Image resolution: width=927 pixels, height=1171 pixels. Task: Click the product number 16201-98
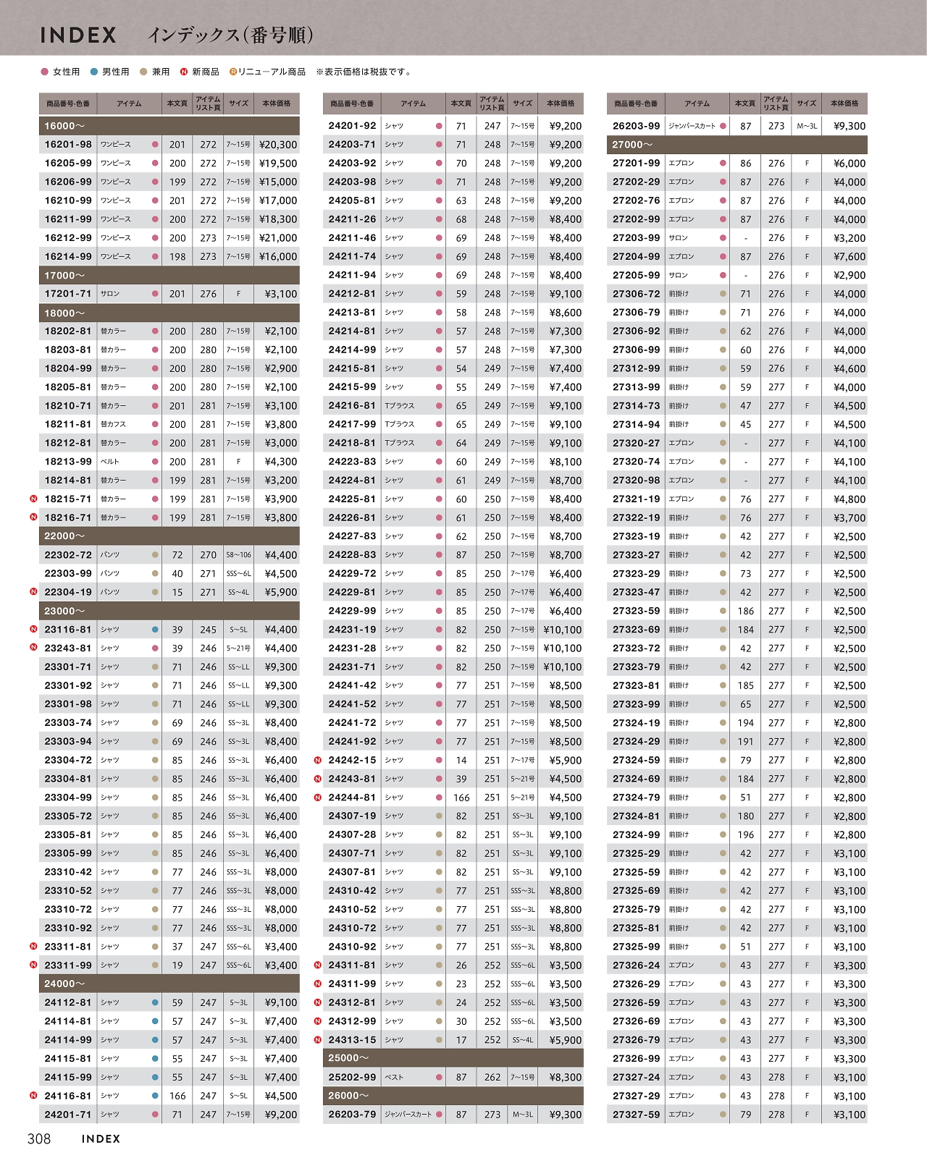click(68, 145)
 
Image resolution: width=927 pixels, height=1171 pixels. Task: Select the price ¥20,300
click(278, 145)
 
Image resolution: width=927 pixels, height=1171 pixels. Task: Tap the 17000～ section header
click(64, 276)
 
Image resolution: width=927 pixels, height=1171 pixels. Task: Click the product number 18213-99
click(68, 462)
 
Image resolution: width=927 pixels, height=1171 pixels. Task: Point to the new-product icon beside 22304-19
click(33, 592)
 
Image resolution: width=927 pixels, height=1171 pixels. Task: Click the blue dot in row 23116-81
click(155, 630)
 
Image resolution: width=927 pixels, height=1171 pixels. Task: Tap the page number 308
click(39, 1139)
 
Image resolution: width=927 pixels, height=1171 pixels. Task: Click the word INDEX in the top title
click(78, 35)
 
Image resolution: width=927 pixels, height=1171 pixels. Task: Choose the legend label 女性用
click(66, 72)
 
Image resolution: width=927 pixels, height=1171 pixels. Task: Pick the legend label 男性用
click(115, 72)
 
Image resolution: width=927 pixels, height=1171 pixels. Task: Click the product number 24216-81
click(352, 406)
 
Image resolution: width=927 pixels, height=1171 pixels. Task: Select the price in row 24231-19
click(562, 630)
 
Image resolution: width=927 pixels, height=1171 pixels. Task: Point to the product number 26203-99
click(636, 126)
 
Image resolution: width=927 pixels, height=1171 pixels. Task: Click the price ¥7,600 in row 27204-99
click(850, 257)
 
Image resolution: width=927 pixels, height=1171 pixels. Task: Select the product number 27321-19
click(636, 499)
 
